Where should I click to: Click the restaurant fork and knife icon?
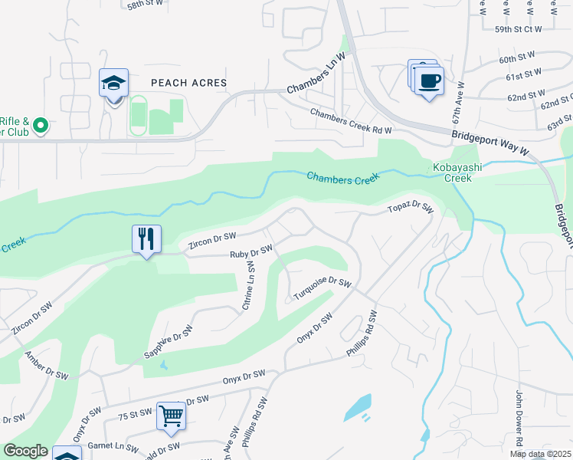pyautogui.click(x=146, y=238)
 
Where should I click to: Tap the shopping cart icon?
pyautogui.click(x=172, y=416)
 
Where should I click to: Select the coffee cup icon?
pyautogui.click(x=430, y=80)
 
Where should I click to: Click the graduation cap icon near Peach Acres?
pyautogui.click(x=113, y=83)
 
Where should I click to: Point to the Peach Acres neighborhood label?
pyautogui.click(x=188, y=83)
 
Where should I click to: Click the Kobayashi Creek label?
pyautogui.click(x=453, y=172)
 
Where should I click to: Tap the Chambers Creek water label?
pyautogui.click(x=343, y=177)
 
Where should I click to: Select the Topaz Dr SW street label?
pyautogui.click(x=411, y=208)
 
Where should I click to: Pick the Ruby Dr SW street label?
pyautogui.click(x=251, y=252)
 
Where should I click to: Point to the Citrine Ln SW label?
pyautogui.click(x=249, y=284)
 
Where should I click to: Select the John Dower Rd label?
pyautogui.click(x=519, y=419)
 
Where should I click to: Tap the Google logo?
pyautogui.click(x=25, y=451)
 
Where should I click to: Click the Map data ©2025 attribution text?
pyautogui.click(x=540, y=454)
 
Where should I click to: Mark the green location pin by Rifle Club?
pyautogui.click(x=41, y=124)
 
